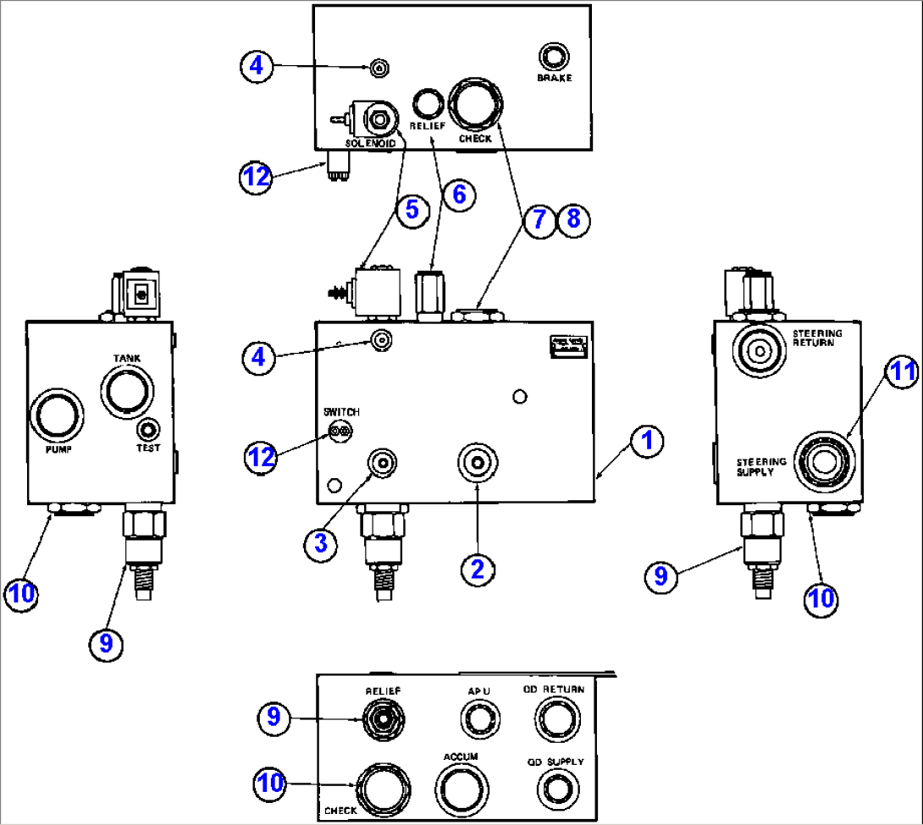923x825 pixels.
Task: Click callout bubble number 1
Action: tap(646, 441)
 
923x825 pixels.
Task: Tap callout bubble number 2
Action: tap(477, 569)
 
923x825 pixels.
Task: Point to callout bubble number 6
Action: tap(458, 195)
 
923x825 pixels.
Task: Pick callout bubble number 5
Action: tap(412, 209)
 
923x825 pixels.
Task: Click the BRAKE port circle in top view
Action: tap(554, 58)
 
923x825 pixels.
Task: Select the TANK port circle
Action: tap(128, 391)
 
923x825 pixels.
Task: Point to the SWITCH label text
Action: tap(340, 412)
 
